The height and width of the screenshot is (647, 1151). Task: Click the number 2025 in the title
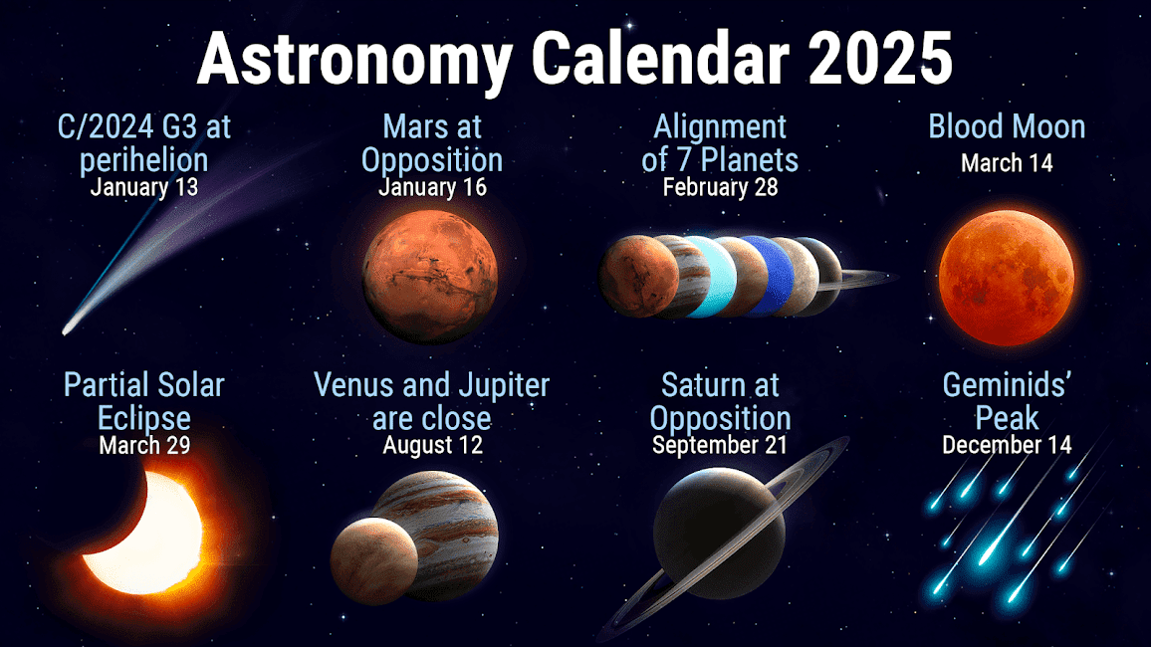(x=881, y=58)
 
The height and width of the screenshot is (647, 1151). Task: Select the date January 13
(x=144, y=187)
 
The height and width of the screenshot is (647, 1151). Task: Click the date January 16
(x=432, y=187)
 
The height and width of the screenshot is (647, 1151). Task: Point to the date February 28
(x=720, y=187)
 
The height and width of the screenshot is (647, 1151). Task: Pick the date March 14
(x=1008, y=163)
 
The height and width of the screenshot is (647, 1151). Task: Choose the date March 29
(x=144, y=445)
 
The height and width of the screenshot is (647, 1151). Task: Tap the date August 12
(x=432, y=445)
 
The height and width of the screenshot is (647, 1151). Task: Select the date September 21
(x=720, y=445)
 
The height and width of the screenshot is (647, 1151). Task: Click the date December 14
(x=1008, y=445)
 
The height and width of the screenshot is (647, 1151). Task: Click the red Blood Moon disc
(x=1007, y=278)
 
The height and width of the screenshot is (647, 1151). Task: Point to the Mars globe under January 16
(x=430, y=278)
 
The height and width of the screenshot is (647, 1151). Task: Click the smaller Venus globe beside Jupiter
(x=373, y=561)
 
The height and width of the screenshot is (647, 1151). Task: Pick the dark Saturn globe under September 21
(x=719, y=534)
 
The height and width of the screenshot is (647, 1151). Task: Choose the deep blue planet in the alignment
(x=773, y=277)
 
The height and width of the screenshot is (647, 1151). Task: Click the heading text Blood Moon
(x=1008, y=126)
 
